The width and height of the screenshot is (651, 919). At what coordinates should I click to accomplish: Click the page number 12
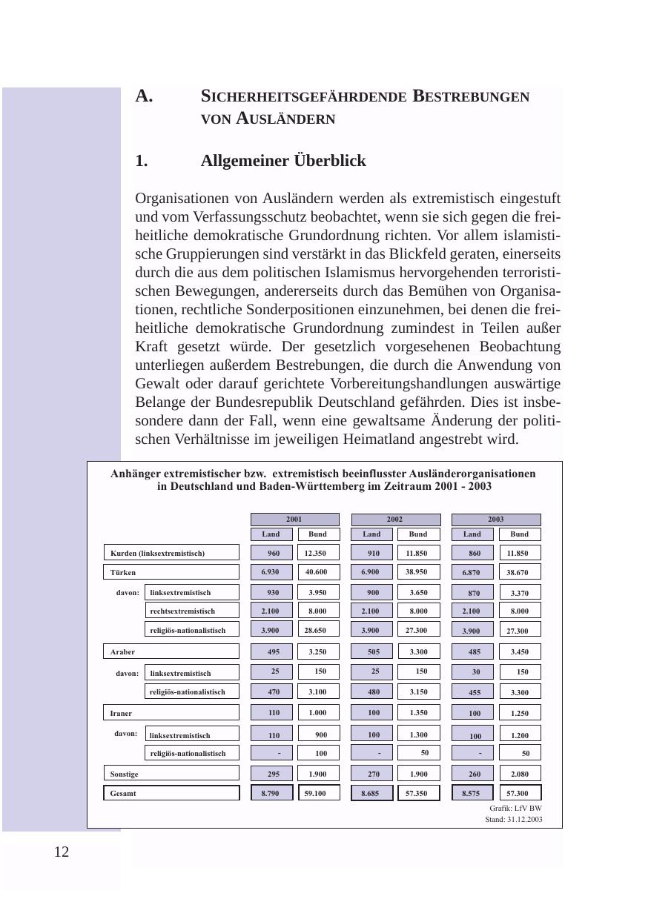(62, 852)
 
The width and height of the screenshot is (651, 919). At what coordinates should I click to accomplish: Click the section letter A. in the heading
(144, 96)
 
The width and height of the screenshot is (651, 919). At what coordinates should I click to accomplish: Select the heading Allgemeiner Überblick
(282, 161)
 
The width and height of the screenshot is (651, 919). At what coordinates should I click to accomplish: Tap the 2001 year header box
(294, 520)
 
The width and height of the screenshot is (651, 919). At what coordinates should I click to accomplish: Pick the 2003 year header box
(496, 520)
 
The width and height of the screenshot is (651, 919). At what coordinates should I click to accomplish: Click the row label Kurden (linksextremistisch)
(171, 553)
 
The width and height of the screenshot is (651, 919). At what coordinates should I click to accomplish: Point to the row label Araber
(171, 651)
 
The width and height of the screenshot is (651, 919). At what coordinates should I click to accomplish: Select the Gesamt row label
(171, 793)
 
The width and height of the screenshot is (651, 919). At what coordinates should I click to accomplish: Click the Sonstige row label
(171, 774)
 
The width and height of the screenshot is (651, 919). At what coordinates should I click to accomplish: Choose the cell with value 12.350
(318, 553)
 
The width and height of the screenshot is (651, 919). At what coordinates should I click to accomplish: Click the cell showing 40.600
(318, 572)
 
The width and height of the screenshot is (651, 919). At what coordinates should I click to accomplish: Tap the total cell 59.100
(318, 793)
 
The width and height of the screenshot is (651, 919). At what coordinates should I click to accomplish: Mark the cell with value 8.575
(472, 793)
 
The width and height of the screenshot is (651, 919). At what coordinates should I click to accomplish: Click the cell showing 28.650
(318, 629)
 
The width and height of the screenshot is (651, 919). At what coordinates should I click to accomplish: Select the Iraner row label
(171, 713)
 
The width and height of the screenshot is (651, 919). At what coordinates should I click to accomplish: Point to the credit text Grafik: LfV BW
(515, 808)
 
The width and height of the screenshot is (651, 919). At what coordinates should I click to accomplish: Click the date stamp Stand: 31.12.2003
(513, 820)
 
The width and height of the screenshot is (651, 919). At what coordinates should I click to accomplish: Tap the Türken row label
(171, 572)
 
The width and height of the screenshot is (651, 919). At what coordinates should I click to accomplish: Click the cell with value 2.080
(520, 774)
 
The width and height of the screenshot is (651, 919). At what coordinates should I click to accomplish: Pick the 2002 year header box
(395, 520)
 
